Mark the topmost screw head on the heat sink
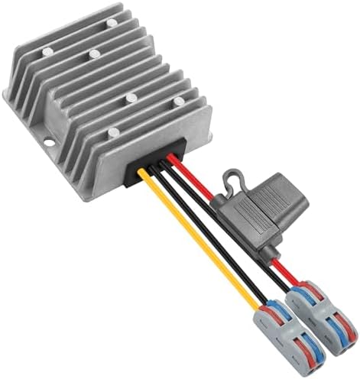pyautogui.click(x=113, y=23)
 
